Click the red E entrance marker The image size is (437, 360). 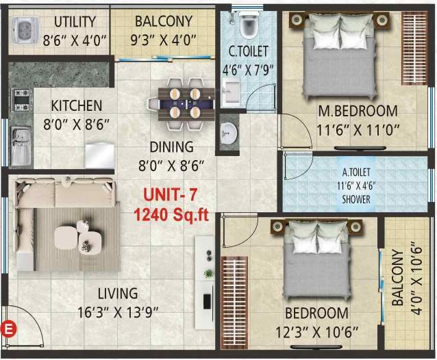[x=9, y=327]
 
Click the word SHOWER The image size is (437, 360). [x=356, y=199]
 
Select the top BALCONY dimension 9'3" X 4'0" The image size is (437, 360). [x=162, y=40]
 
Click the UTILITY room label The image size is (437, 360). [x=75, y=21]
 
